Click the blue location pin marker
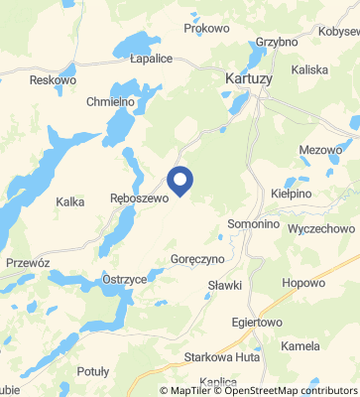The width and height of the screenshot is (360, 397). [180, 181]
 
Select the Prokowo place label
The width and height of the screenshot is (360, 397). [206, 29]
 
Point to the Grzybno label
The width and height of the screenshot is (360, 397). [276, 43]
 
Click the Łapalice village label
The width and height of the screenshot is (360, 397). [151, 59]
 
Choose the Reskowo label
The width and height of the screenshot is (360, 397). [54, 79]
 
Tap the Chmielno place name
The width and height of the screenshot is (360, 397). [110, 102]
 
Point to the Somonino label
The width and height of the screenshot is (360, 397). [253, 224]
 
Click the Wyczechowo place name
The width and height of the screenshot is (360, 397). [320, 228]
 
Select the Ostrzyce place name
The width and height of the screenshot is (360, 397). [125, 281]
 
